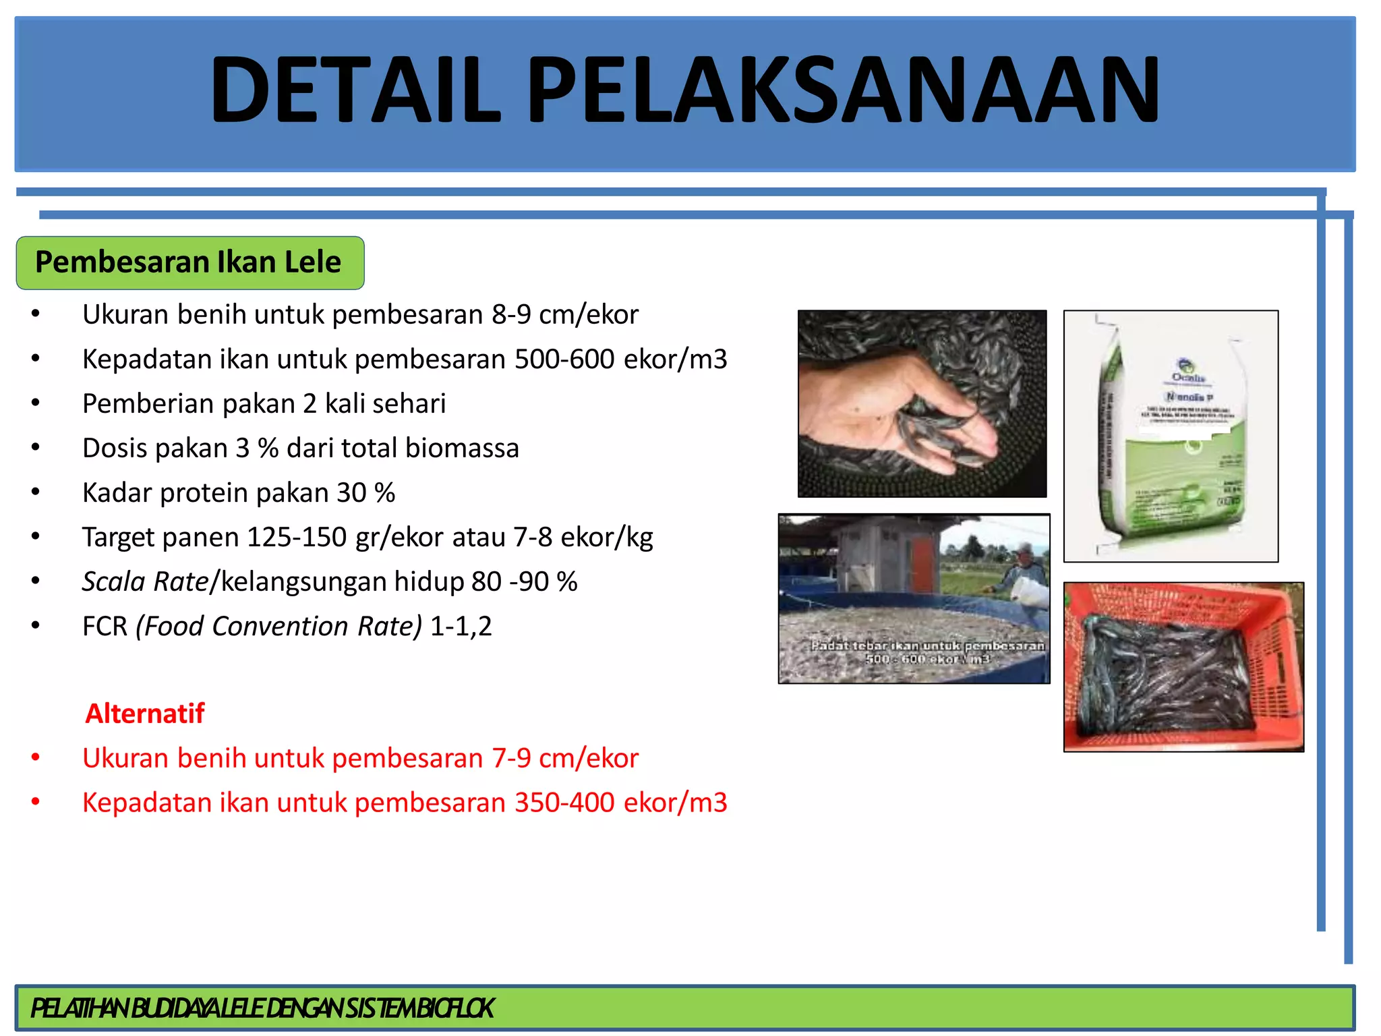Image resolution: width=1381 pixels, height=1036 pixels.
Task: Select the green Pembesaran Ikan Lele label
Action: click(189, 262)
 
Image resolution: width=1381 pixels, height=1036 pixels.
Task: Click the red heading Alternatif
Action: click(144, 714)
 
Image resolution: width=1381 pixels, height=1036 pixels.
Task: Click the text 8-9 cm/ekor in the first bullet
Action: click(564, 315)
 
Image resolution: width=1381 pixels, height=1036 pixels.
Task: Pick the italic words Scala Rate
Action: click(145, 582)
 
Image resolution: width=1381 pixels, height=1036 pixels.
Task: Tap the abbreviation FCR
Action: click(105, 627)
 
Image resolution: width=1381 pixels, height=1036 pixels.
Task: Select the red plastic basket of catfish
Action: click(1183, 668)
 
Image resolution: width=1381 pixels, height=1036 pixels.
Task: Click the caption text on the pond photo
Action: click(927, 652)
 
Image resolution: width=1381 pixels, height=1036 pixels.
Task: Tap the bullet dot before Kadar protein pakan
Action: click(36, 493)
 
